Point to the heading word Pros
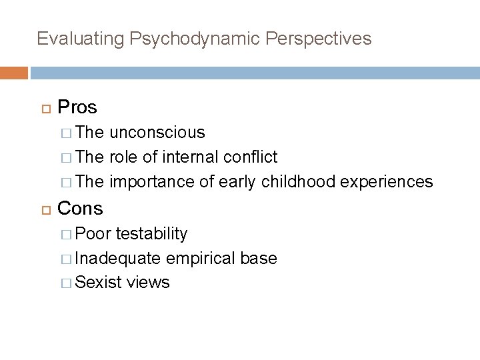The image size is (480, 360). point(77,107)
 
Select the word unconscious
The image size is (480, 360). point(157,133)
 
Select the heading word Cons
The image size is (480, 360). point(81,208)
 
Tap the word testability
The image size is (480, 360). point(151,234)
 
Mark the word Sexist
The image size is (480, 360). point(99,282)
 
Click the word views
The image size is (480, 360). point(149,282)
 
